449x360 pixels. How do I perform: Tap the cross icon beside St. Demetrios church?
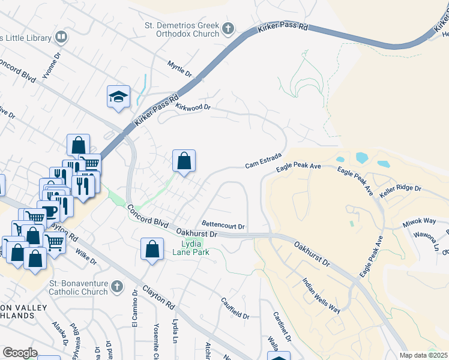pyautogui.click(x=228, y=29)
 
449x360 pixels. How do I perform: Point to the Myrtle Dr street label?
pyautogui.click(x=179, y=69)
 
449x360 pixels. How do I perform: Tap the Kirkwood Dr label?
pyautogui.click(x=193, y=107)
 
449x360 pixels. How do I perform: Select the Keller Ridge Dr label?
pyautogui.click(x=400, y=188)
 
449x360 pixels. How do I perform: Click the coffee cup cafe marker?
pyautogui.click(x=49, y=211)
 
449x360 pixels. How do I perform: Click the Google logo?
pyautogui.click(x=20, y=353)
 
